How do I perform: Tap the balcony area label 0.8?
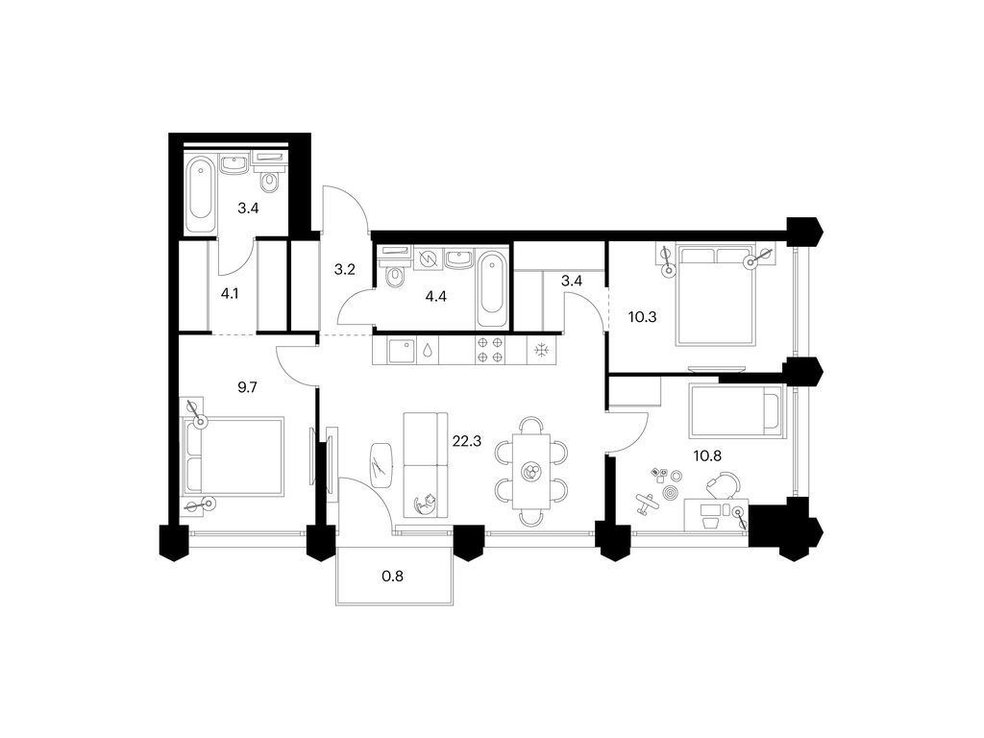(392, 577)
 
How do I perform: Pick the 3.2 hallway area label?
(345, 270)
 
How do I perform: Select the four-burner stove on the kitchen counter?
(490, 350)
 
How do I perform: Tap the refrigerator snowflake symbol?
(542, 350)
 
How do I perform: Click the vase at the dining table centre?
(529, 472)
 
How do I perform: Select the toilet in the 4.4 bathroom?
(394, 277)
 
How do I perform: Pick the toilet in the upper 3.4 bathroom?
(270, 183)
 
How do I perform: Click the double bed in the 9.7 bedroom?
(236, 455)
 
